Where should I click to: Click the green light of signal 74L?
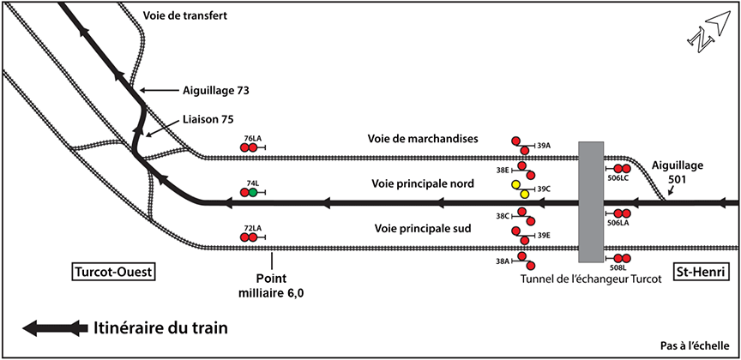pyautogui.click(x=253, y=193)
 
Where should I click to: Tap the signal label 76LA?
pyautogui.click(x=252, y=138)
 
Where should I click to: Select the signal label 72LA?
pyautogui.click(x=252, y=228)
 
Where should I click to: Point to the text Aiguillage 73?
pyautogui.click(x=216, y=89)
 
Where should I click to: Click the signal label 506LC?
pyautogui.click(x=618, y=179)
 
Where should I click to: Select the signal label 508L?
pyautogui.click(x=618, y=269)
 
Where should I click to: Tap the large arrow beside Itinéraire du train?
pyautogui.click(x=56, y=327)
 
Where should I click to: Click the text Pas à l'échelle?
pyautogui.click(x=696, y=345)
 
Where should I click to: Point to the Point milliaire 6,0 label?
pyautogui.click(x=271, y=285)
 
